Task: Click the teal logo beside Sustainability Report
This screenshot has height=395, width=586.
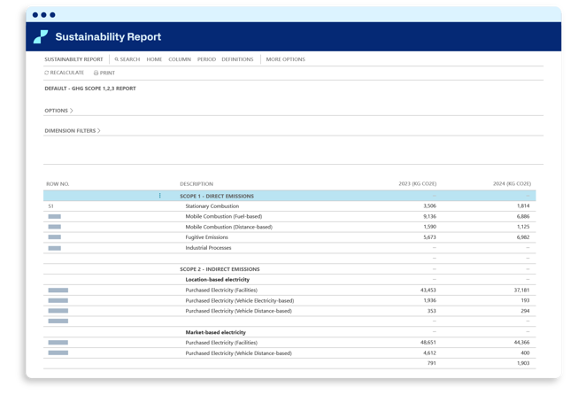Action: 41,36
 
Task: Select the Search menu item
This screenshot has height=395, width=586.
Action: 127,59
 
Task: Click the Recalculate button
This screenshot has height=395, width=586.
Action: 64,73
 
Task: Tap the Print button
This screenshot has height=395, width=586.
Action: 104,73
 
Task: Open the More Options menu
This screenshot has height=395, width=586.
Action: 286,59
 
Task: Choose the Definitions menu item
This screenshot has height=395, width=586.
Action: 237,59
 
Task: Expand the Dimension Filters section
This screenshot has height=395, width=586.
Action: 73,130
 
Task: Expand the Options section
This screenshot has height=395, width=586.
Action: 58,111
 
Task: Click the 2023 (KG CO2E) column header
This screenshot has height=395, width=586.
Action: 418,183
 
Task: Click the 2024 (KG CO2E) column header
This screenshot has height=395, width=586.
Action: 512,183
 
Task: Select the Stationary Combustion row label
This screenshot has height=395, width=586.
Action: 212,206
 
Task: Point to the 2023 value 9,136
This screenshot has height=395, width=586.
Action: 430,216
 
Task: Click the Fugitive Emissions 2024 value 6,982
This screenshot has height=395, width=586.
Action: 523,237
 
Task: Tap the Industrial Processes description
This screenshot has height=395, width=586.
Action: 208,248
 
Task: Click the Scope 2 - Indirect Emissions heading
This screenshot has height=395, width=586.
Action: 220,269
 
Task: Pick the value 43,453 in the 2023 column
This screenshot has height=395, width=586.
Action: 428,290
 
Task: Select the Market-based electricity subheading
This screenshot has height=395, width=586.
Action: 216,332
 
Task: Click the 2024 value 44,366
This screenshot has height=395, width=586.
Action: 521,342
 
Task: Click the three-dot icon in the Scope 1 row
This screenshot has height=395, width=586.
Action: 160,196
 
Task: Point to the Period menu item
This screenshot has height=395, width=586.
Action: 206,59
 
